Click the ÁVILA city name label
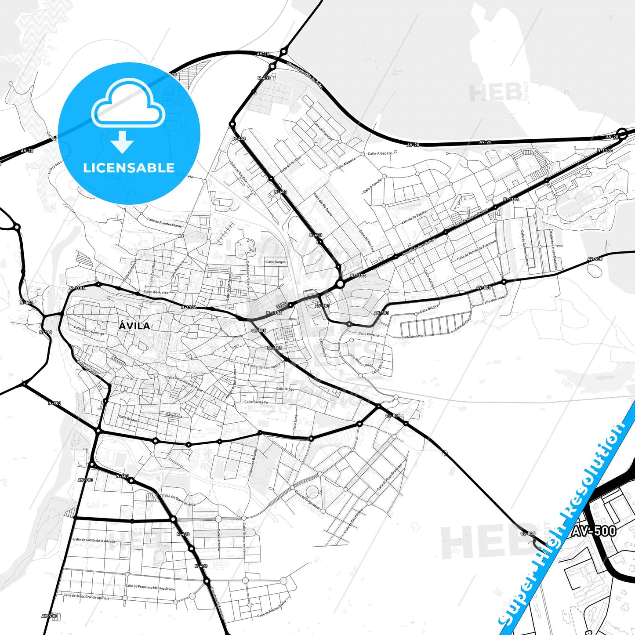(134, 326)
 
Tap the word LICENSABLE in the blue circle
(129, 167)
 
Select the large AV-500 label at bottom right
(594, 531)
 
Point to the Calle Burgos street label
(276, 262)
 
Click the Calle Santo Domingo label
(89, 330)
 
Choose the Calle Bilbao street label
(285, 389)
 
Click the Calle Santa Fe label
(256, 402)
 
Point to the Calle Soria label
(174, 415)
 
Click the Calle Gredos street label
(128, 419)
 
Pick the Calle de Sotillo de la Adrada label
(94, 540)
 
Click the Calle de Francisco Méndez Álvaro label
(150, 587)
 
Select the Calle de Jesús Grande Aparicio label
(86, 597)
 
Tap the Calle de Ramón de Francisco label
(476, 250)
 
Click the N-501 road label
(26, 302)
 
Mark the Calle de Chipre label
(414, 336)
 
